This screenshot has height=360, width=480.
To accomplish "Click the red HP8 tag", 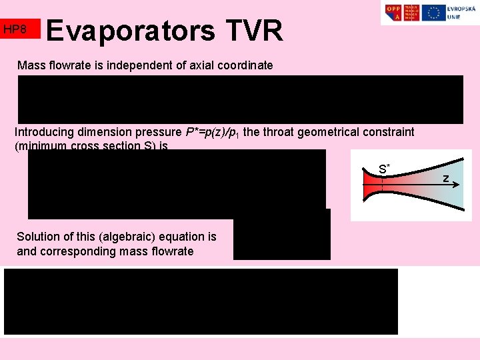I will point(20,29).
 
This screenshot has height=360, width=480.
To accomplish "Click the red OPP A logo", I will point(394,13).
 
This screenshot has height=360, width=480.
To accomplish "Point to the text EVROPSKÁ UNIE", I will point(459,13).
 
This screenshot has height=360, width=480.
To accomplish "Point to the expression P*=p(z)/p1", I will point(213,132).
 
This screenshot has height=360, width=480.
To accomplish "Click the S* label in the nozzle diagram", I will point(384,169).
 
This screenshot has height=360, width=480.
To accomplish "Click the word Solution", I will point(39,237).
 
